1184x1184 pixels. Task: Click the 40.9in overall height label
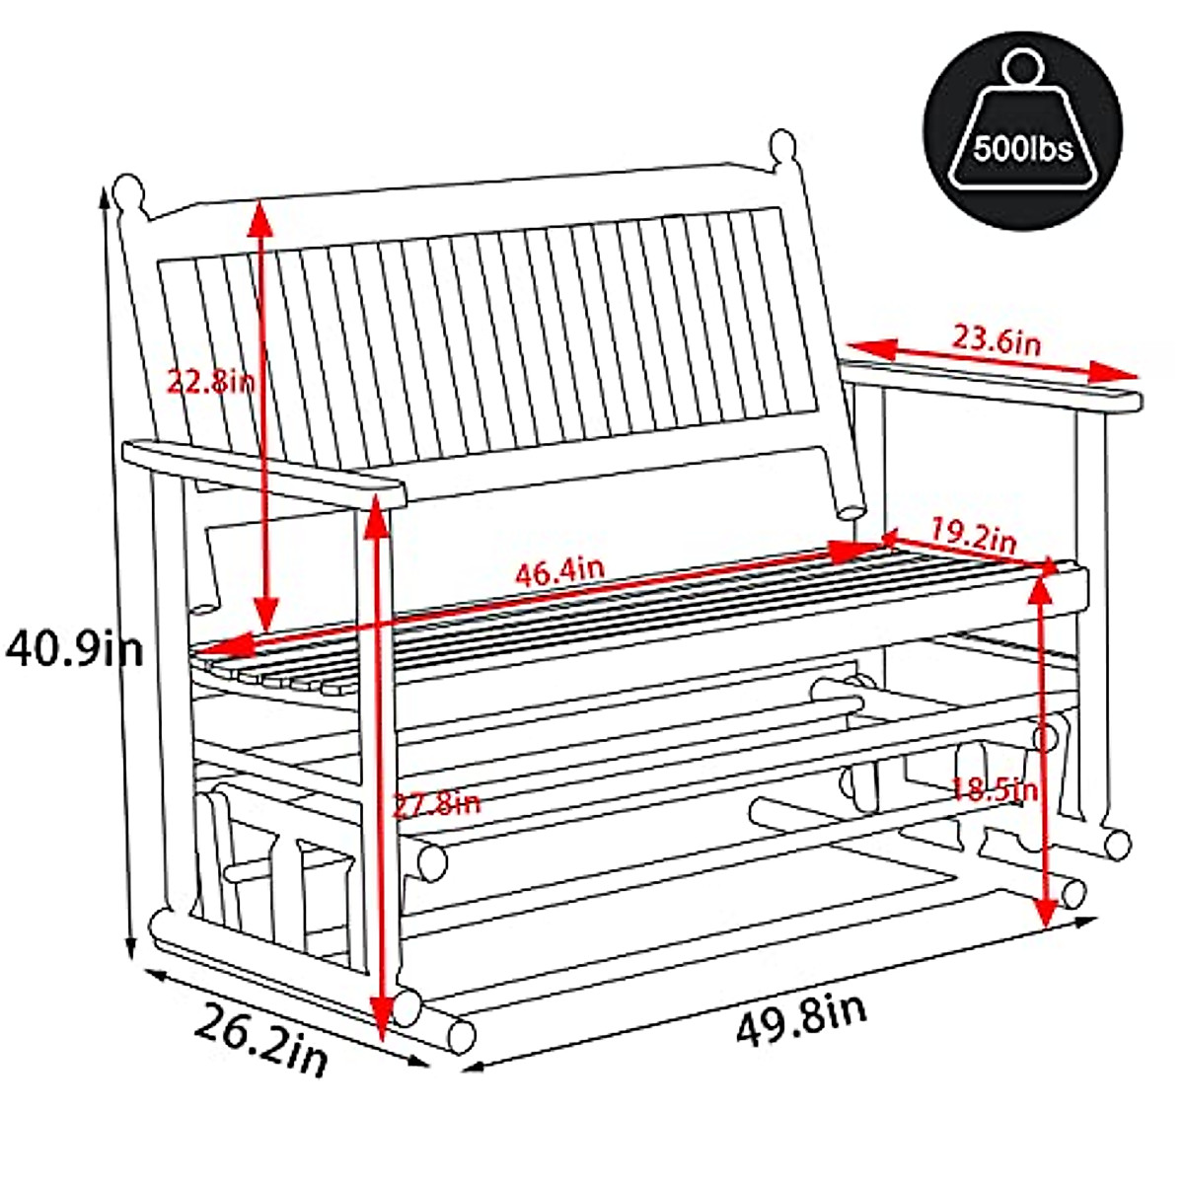click(x=74, y=649)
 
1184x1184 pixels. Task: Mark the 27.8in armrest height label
click(x=436, y=804)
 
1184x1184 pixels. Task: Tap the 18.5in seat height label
click(x=995, y=789)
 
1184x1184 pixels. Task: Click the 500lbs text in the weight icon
click(x=1022, y=150)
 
